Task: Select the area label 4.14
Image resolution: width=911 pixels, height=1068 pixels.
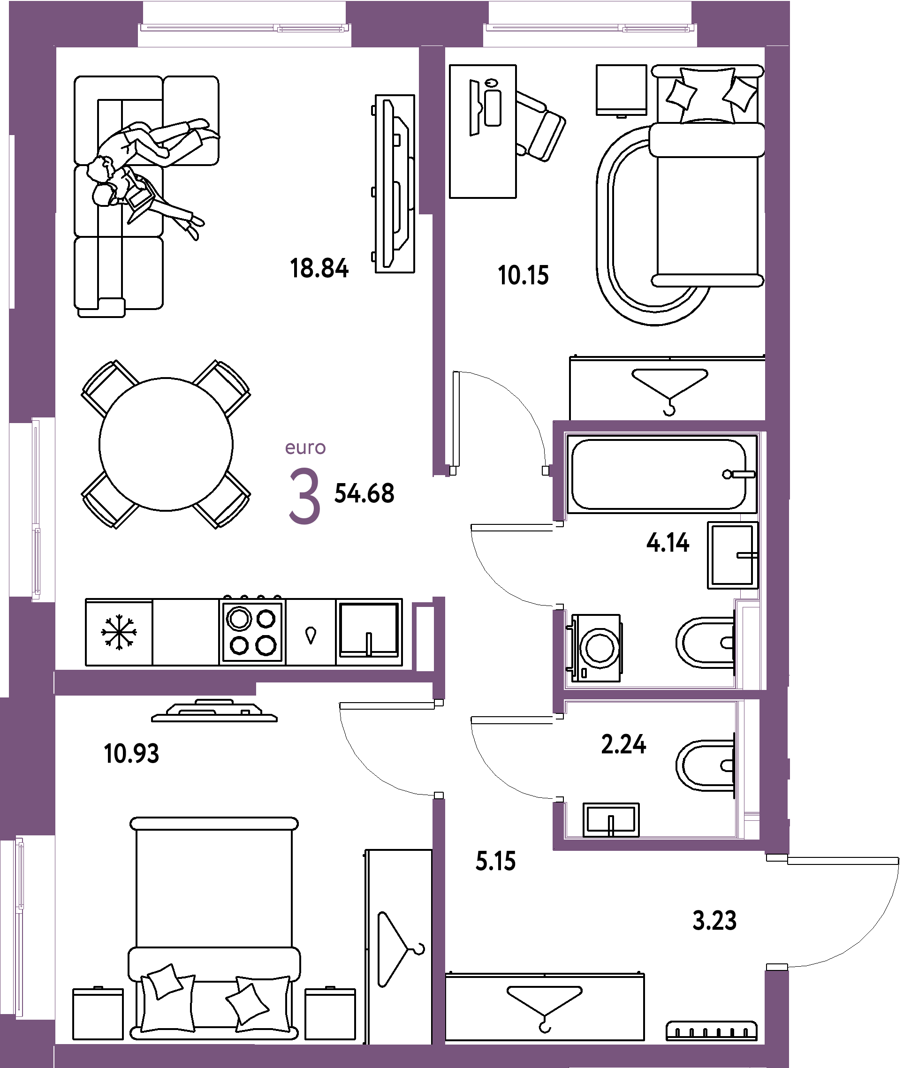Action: click(x=667, y=543)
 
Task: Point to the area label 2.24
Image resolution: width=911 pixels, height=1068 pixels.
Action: click(x=623, y=744)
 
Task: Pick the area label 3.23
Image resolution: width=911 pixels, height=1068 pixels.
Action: click(x=714, y=920)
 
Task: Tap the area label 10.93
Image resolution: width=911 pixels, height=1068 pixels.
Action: click(x=131, y=753)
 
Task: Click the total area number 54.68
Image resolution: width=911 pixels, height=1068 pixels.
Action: click(x=364, y=493)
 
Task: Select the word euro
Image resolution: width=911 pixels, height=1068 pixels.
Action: click(x=305, y=448)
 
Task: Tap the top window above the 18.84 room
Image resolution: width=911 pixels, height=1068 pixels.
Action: click(x=244, y=28)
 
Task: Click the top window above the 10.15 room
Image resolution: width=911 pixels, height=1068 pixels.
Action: click(x=590, y=28)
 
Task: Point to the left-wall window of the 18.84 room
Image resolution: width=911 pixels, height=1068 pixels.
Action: click(x=36, y=509)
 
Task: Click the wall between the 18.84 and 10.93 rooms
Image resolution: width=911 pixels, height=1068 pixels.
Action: click(x=243, y=676)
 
